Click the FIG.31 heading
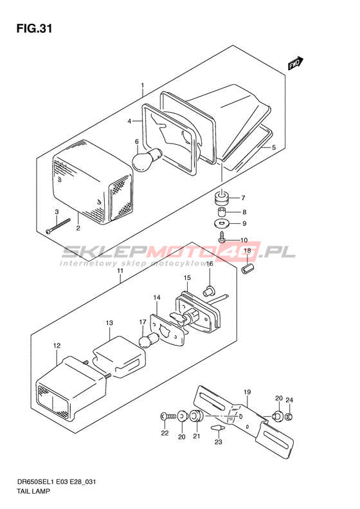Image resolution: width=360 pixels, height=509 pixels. click(34, 29)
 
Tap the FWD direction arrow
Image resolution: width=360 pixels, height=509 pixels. click(296, 63)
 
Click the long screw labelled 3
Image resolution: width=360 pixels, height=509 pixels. click(59, 225)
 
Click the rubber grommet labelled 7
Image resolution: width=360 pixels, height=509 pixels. click(222, 198)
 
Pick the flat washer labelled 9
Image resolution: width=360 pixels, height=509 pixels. click(222, 223)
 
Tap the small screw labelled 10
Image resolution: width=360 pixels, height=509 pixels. click(222, 237)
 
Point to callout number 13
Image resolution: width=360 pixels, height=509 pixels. click(109, 323)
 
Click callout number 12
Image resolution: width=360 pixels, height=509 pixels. click(57, 346)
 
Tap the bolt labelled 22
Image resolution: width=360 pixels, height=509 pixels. click(168, 416)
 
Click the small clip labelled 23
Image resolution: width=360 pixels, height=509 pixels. click(218, 427)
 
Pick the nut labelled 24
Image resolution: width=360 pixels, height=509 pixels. click(289, 416)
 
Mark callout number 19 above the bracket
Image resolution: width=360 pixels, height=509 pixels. click(247, 392)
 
